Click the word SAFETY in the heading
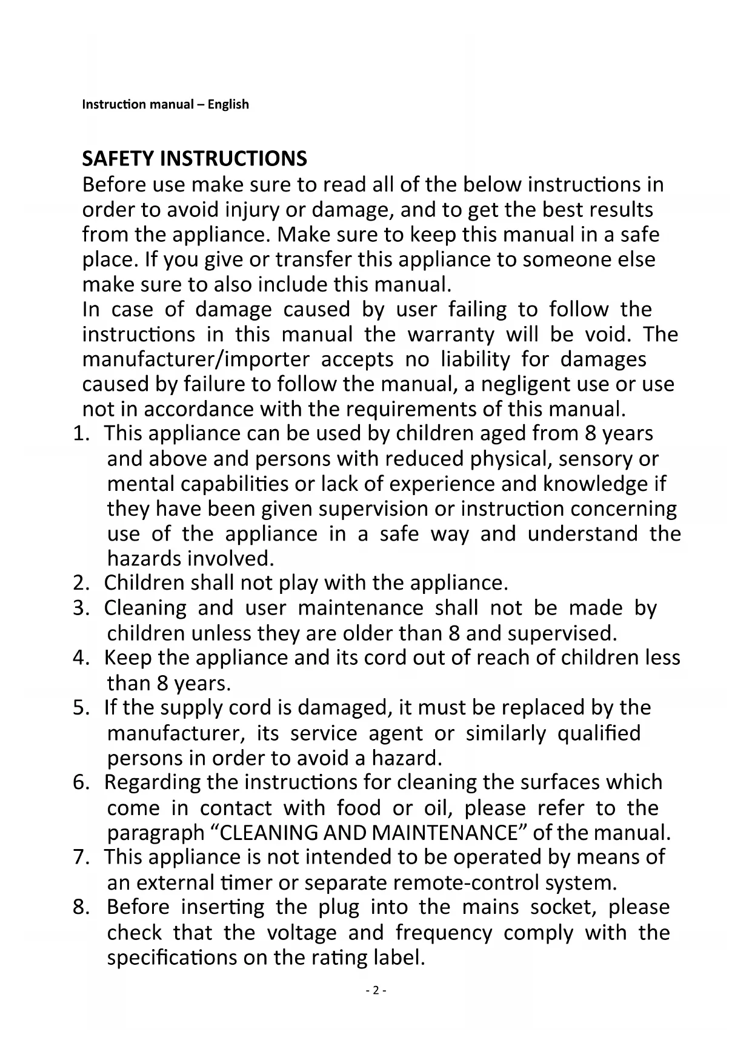tap(118, 159)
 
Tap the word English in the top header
tap(228, 104)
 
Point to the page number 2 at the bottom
tap(376, 991)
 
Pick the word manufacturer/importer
tap(196, 359)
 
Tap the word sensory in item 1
tap(592, 459)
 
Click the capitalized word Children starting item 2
tap(144, 583)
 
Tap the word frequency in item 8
tap(443, 932)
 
